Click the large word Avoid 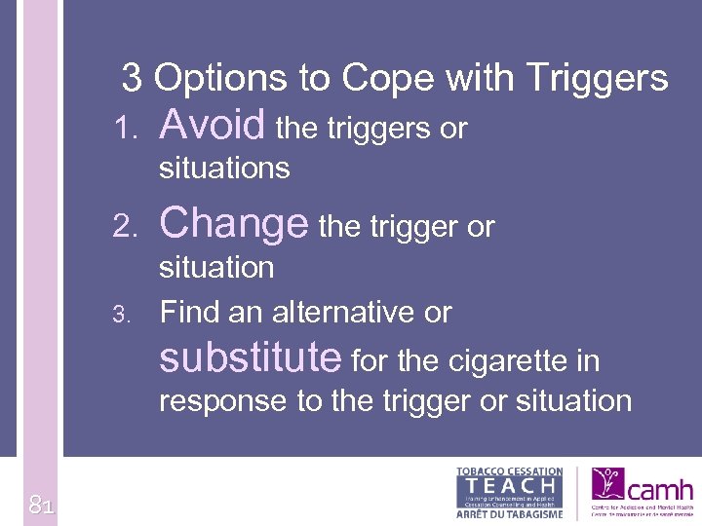[x=212, y=125]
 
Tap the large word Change [x=234, y=224]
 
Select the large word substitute [x=250, y=358]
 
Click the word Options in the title [x=219, y=78]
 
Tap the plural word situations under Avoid [x=224, y=169]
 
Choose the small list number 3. [x=120, y=315]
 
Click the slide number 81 [x=40, y=505]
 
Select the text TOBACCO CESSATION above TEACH [x=509, y=471]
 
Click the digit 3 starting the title [x=132, y=78]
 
